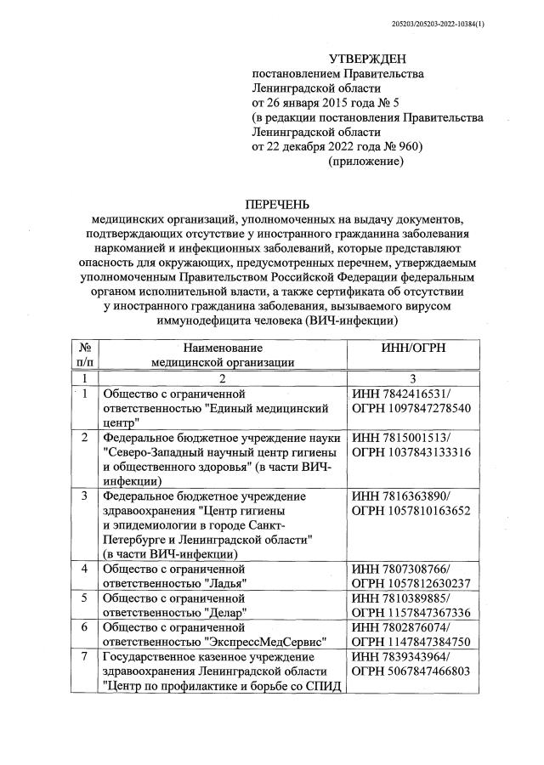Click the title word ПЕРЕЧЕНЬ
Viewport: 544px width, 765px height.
point(277,205)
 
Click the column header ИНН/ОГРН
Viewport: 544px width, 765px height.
point(411,348)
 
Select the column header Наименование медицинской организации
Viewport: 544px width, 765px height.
point(224,354)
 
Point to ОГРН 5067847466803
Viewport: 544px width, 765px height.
point(411,671)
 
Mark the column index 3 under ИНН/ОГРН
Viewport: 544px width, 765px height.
point(411,377)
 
